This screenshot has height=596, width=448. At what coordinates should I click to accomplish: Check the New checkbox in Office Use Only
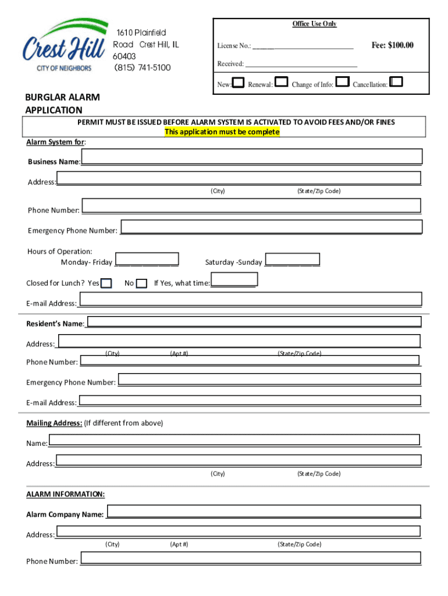pyautogui.click(x=237, y=83)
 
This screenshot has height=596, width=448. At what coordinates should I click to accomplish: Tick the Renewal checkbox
pyautogui.click(x=280, y=83)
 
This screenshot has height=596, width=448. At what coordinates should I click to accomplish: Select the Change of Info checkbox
pyautogui.click(x=343, y=83)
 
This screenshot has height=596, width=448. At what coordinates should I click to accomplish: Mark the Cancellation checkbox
pyautogui.click(x=396, y=83)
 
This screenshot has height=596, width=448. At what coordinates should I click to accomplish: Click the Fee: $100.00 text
pyautogui.click(x=392, y=45)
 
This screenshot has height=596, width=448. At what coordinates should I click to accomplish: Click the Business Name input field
pyautogui.click(x=252, y=157)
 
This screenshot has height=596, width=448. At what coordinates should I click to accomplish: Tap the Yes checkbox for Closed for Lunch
pyautogui.click(x=106, y=283)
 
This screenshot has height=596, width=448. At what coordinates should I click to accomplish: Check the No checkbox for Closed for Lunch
pyautogui.click(x=141, y=283)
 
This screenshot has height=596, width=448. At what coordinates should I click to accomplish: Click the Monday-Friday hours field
pyautogui.click(x=147, y=260)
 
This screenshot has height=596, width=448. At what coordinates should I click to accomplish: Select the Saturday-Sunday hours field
pyautogui.click(x=292, y=260)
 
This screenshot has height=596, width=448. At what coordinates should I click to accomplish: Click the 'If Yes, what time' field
pyautogui.click(x=233, y=281)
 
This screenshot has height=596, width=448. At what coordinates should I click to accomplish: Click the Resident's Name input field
pyautogui.click(x=254, y=322)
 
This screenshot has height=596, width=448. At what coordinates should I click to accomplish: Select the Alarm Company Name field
pyautogui.click(x=264, y=512)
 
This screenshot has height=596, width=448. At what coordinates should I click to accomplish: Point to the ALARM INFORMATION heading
pyautogui.click(x=66, y=494)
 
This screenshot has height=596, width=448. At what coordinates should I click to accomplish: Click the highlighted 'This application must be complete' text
pyautogui.click(x=222, y=132)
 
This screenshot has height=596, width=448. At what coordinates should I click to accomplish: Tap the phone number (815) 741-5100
pyautogui.click(x=142, y=68)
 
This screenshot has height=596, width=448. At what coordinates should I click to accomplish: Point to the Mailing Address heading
pyautogui.click(x=54, y=423)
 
